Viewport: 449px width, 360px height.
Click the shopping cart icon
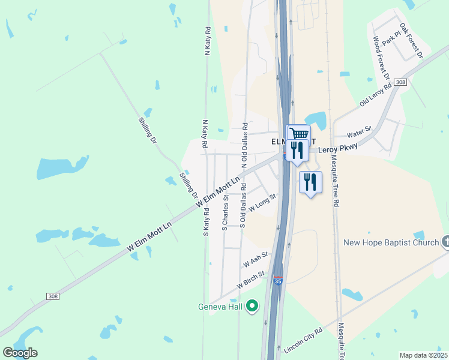click(x=298, y=134)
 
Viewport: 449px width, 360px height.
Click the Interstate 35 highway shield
click(x=277, y=281)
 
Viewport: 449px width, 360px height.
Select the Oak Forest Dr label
click(x=412, y=41)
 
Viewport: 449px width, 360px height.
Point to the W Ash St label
click(x=255, y=262)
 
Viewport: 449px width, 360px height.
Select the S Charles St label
click(x=225, y=212)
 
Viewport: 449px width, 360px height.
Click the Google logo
click(x=20, y=353)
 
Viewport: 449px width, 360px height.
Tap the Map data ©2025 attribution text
click(x=424, y=355)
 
